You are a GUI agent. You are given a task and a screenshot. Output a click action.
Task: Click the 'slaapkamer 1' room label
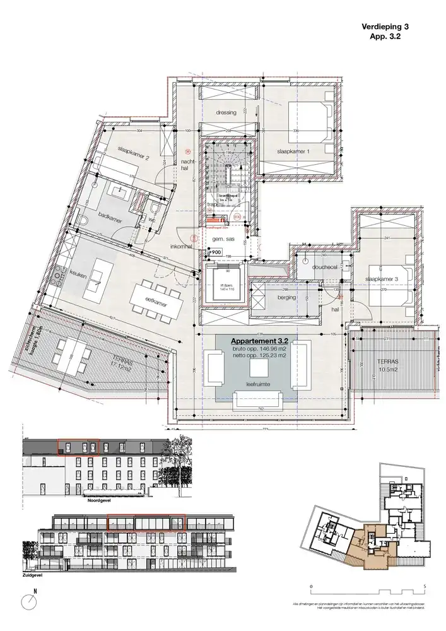tap(292, 153)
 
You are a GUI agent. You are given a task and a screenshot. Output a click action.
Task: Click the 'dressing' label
tap(225, 112)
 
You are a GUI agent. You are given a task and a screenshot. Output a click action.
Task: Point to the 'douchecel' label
tap(324, 267)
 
